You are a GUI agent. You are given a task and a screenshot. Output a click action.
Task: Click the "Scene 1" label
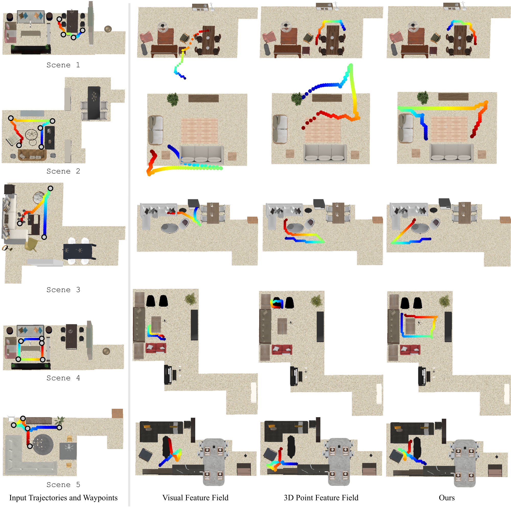[x=63, y=65]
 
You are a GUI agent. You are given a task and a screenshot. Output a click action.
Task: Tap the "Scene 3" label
[x=63, y=290]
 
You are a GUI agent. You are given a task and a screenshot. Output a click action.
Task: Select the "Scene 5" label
[x=63, y=485]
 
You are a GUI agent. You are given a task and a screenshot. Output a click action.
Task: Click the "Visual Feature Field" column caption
[x=195, y=498]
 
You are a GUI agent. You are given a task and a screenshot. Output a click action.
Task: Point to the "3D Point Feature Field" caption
[x=321, y=498]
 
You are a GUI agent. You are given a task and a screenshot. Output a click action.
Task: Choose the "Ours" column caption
[x=447, y=498]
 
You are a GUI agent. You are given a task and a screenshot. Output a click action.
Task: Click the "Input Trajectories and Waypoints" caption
[x=63, y=498]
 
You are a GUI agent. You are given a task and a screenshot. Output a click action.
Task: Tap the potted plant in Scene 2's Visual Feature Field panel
[x=173, y=99]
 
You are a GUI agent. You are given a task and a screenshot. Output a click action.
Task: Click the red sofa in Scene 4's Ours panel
[x=410, y=350]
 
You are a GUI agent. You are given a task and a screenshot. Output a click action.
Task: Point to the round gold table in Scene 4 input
[x=106, y=351]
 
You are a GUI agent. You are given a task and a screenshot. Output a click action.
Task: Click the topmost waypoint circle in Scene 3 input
[x=50, y=188]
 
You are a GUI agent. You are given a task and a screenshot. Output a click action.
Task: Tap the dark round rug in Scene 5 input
[x=43, y=445]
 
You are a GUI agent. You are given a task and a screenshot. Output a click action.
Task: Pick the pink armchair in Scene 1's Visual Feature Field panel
[x=146, y=37]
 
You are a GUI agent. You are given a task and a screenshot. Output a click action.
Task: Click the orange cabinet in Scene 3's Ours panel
[x=505, y=220]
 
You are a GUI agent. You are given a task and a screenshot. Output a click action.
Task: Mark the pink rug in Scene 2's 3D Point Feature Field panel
[x=323, y=130]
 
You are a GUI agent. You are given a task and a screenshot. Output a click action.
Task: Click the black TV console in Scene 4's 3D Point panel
[x=320, y=327]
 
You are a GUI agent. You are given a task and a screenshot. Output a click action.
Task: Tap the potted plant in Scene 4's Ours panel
[x=445, y=301]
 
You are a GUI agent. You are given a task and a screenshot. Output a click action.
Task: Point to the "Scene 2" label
[x=63, y=171]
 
